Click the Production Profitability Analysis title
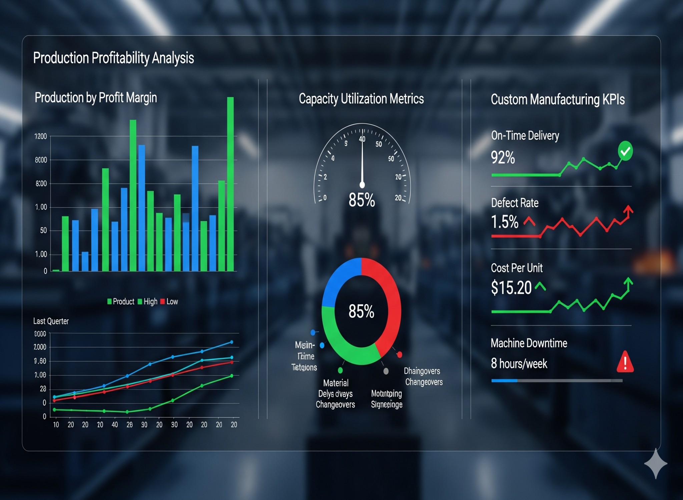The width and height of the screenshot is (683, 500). [113, 58]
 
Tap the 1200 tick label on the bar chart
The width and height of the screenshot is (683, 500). [41, 136]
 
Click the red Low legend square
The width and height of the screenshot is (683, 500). [162, 302]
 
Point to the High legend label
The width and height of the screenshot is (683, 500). [150, 302]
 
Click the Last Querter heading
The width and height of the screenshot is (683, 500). [51, 321]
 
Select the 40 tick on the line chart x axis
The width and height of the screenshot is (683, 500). [115, 425]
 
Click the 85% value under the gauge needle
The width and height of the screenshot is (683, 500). [362, 200]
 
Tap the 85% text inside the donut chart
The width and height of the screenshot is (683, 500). [361, 311]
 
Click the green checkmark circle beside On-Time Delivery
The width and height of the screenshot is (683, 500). [625, 151]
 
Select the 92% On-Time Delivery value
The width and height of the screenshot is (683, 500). [503, 157]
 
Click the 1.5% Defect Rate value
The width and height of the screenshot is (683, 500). [505, 222]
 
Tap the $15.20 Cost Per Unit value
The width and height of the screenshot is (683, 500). [511, 287]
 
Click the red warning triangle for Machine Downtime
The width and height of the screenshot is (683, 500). [625, 362]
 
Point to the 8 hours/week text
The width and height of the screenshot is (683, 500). [519, 363]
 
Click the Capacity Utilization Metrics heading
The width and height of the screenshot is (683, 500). [361, 99]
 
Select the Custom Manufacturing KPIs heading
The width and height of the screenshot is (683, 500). [558, 100]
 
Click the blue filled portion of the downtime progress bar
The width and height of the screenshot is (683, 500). [504, 380]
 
